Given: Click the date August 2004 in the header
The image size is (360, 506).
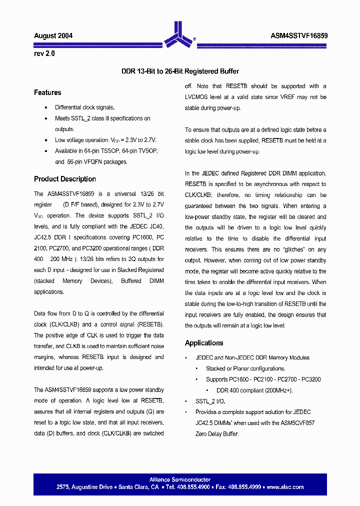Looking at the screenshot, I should click(53, 35).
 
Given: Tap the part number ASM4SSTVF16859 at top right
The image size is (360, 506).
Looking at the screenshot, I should click(298, 35).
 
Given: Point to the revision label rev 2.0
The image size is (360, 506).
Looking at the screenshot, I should click(44, 53).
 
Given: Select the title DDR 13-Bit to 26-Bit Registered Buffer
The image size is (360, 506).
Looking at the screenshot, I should click(180, 71).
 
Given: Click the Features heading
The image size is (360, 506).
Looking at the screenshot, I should click(47, 92).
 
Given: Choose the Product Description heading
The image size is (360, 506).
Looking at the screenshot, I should click(65, 179).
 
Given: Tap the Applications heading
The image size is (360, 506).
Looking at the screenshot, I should click(204, 343).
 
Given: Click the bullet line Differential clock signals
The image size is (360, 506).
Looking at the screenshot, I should click(84, 107).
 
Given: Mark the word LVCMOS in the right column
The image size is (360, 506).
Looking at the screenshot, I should click(196, 97).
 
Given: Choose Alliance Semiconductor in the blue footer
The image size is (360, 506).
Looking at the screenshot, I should click(180, 479).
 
